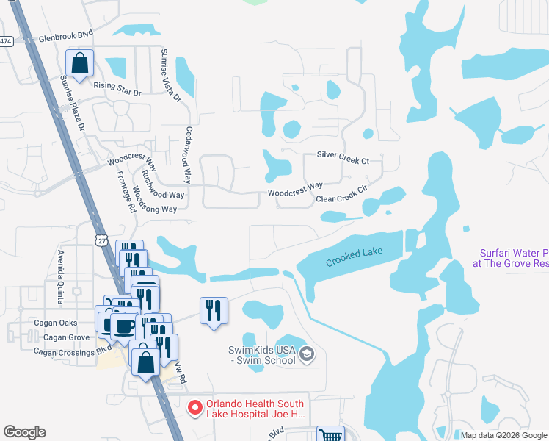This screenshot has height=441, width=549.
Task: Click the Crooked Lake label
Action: [354, 257]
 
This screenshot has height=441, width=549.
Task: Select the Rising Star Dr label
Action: [117, 85]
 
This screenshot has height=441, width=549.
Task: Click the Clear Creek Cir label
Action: [341, 196]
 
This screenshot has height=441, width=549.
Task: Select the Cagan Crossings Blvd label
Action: [65, 352]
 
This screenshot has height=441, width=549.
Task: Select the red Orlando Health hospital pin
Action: [194, 406]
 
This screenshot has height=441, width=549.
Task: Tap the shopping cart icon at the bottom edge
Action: [330, 434]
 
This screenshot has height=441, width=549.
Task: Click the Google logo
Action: [24, 432]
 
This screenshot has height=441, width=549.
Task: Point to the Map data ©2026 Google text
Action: [503, 435]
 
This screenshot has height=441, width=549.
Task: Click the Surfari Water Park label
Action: [509, 257]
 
